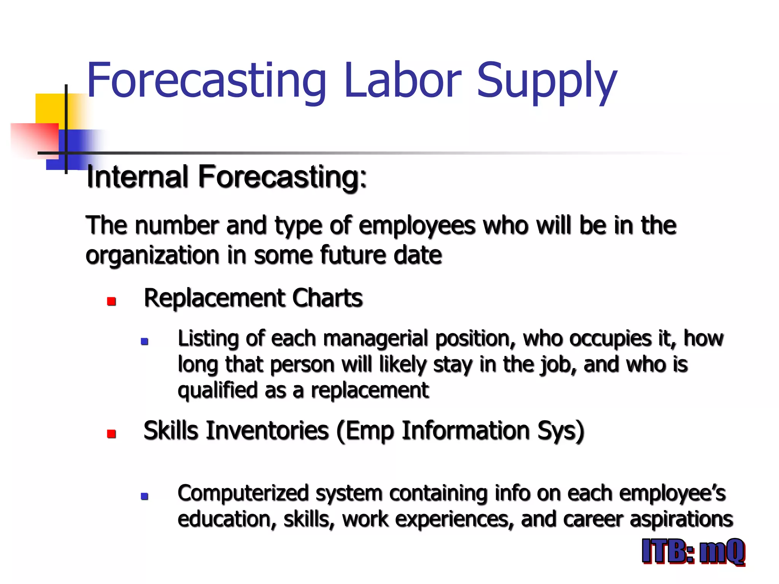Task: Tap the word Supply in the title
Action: click(547, 82)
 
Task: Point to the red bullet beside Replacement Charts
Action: click(111, 302)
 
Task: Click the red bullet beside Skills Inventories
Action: click(111, 434)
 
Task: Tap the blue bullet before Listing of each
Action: click(145, 341)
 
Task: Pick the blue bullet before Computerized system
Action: click(145, 496)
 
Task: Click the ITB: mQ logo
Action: click(693, 552)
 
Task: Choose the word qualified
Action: click(218, 390)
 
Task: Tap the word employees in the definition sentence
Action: click(417, 226)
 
